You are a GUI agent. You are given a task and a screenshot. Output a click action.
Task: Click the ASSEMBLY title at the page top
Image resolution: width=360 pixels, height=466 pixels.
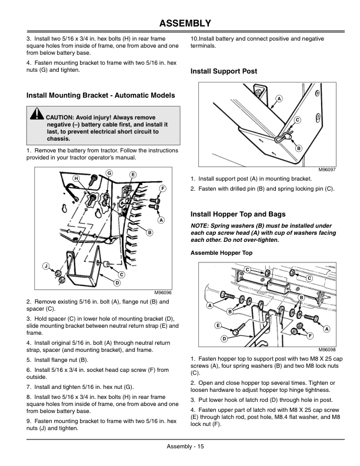point(180,24)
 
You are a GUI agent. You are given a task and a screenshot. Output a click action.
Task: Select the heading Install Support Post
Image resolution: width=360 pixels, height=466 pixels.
point(224,71)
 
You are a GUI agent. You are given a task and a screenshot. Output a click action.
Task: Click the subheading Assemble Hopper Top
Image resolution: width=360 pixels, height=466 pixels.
point(221,252)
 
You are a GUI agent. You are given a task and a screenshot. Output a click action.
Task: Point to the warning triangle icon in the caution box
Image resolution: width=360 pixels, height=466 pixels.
point(38,114)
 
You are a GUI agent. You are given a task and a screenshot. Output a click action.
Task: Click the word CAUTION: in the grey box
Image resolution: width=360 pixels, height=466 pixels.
point(60,118)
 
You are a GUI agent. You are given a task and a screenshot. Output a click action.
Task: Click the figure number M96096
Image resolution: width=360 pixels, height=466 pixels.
point(162,292)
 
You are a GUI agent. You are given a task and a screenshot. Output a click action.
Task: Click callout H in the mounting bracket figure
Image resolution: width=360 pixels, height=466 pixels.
point(76,177)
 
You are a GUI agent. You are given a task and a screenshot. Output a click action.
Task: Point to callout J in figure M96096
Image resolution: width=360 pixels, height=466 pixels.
point(45,266)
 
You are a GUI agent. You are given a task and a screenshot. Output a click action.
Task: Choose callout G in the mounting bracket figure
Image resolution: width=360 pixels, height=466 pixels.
point(110,172)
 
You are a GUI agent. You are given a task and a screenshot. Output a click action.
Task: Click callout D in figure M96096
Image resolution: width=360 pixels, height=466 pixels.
point(117,283)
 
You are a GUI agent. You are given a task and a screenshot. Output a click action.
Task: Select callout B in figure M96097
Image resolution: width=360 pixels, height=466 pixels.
point(299,148)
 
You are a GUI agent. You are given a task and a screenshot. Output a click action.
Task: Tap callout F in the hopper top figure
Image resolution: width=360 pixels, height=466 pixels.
point(309,335)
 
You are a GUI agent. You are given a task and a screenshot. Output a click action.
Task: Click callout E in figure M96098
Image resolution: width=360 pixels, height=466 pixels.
point(218,325)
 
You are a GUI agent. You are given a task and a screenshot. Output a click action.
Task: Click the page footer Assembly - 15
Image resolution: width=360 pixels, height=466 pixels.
point(180,447)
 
